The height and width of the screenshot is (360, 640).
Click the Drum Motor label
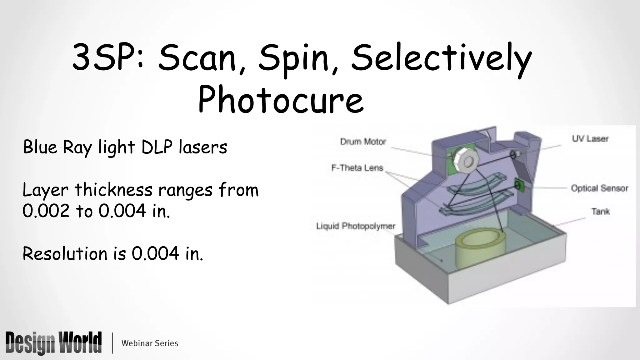tap(363, 142)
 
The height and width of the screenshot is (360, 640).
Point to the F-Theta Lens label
tap(357, 168)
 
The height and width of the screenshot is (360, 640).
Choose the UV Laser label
tap(590, 139)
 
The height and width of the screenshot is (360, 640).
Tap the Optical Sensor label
tap(599, 188)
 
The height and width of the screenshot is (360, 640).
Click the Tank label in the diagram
tap(600, 212)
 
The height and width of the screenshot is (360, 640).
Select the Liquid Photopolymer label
tap(356, 226)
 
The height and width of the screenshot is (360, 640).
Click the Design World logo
tap(53, 343)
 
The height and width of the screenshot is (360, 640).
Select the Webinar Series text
tap(150, 343)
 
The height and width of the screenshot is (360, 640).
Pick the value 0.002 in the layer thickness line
tap(46, 211)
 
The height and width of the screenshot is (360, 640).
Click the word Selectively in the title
tap(441, 59)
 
